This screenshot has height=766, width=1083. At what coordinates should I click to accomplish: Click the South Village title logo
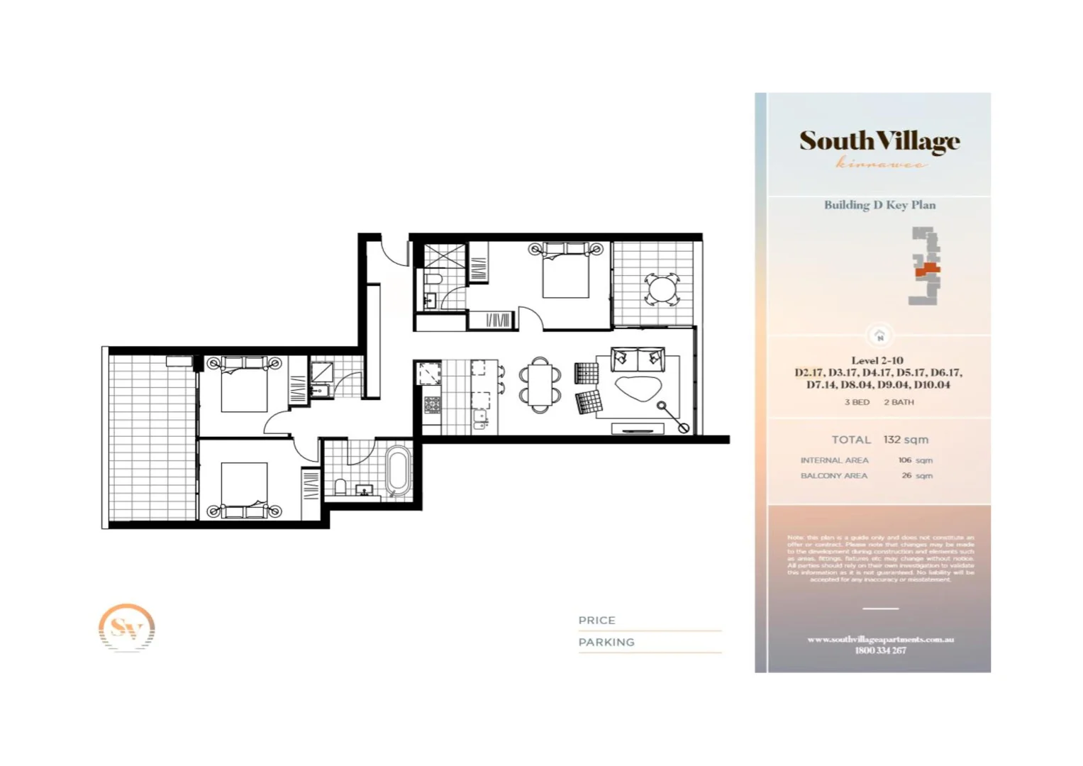tap(879, 141)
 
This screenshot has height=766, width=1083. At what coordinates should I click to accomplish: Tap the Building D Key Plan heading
tap(879, 205)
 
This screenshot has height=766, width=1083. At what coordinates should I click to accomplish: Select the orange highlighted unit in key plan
tap(927, 270)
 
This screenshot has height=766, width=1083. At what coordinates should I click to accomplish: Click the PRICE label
tap(596, 620)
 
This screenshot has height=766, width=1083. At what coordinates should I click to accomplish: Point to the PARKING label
tap(606, 642)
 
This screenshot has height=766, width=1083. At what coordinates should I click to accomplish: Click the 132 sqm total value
tap(906, 440)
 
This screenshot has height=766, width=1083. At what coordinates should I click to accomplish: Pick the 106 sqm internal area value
tap(915, 460)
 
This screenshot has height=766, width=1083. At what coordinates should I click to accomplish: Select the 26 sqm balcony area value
tap(916, 476)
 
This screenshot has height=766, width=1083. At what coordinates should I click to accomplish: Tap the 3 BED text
tap(857, 402)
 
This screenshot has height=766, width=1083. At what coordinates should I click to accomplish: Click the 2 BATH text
tap(899, 402)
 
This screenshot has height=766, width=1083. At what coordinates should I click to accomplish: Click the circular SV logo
tap(126, 628)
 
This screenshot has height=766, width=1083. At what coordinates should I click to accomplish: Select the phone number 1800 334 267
tap(880, 650)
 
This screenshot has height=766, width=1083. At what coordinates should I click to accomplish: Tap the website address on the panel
tap(880, 639)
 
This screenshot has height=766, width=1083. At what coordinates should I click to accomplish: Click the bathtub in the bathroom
tap(398, 469)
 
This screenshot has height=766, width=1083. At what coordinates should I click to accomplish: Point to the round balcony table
tap(661, 289)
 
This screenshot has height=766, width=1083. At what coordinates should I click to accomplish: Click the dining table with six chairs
tap(540, 385)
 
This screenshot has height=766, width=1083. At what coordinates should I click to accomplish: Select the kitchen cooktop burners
tap(432, 405)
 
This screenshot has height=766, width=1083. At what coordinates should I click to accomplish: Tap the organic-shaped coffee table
tap(638, 388)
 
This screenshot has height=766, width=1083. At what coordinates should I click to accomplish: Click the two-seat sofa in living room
tap(638, 360)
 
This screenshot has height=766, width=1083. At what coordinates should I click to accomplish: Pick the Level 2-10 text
tap(877, 360)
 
